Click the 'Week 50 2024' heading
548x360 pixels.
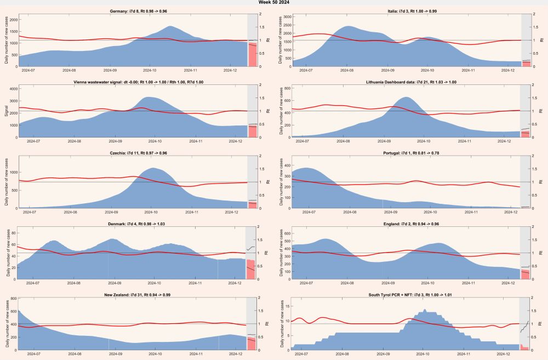coord(274,3)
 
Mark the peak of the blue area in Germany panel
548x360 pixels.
coord(170,26)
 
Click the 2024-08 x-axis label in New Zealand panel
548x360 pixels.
coord(75,354)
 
